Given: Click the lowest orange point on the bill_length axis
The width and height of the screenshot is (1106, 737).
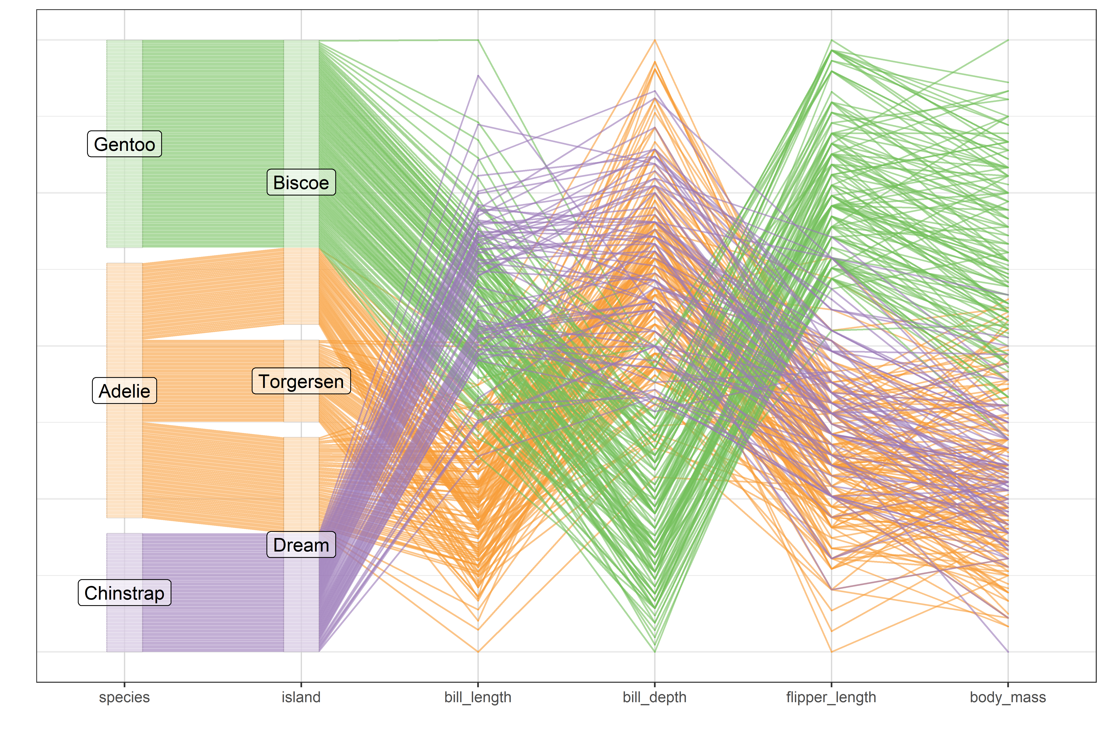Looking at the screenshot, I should (478, 651).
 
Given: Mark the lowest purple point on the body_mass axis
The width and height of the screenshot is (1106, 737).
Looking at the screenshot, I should (1008, 651).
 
